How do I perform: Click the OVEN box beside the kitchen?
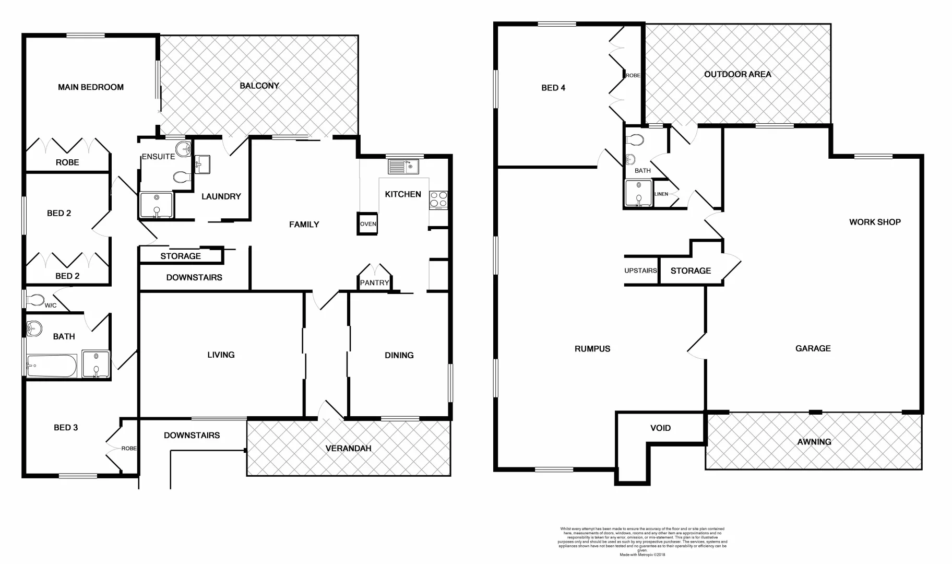(x=367, y=224)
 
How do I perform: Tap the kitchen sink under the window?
(x=402, y=167)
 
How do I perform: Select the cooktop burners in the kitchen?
(x=438, y=199)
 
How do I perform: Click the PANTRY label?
(x=374, y=283)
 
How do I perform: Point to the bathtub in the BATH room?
(x=51, y=366)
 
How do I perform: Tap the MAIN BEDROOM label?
(x=91, y=87)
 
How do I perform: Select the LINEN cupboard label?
(x=661, y=194)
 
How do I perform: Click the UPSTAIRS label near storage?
(x=640, y=271)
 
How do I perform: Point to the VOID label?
(x=660, y=428)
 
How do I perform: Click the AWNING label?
(x=814, y=442)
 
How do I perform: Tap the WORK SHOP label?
(x=875, y=222)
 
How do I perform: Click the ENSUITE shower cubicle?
(x=156, y=205)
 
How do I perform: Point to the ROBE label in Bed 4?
(x=633, y=76)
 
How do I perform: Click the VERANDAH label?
(x=348, y=448)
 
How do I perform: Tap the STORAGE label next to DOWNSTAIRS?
(x=181, y=256)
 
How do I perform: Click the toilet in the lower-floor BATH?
(x=636, y=140)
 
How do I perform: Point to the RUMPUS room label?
(x=592, y=349)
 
